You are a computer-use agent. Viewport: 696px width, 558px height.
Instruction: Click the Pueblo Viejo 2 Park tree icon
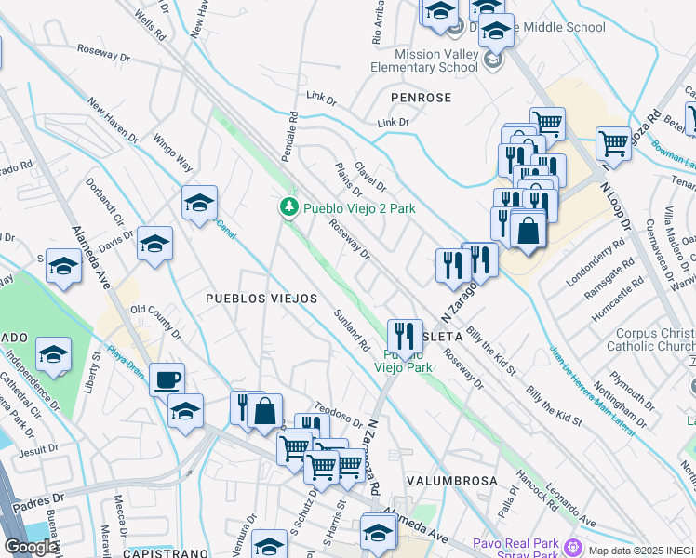click(x=289, y=206)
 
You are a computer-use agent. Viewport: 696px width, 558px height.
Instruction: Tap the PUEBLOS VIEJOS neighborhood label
click(x=261, y=299)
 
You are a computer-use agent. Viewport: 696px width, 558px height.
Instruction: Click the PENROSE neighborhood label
click(x=421, y=98)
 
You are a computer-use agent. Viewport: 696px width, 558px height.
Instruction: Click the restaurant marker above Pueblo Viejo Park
click(x=405, y=334)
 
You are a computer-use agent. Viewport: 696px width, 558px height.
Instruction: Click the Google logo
click(x=31, y=547)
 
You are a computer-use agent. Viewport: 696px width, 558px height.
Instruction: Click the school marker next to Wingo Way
click(x=199, y=203)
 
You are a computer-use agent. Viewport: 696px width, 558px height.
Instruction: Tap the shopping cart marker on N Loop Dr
click(x=613, y=143)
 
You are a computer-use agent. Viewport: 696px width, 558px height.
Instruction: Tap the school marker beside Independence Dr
click(x=54, y=354)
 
